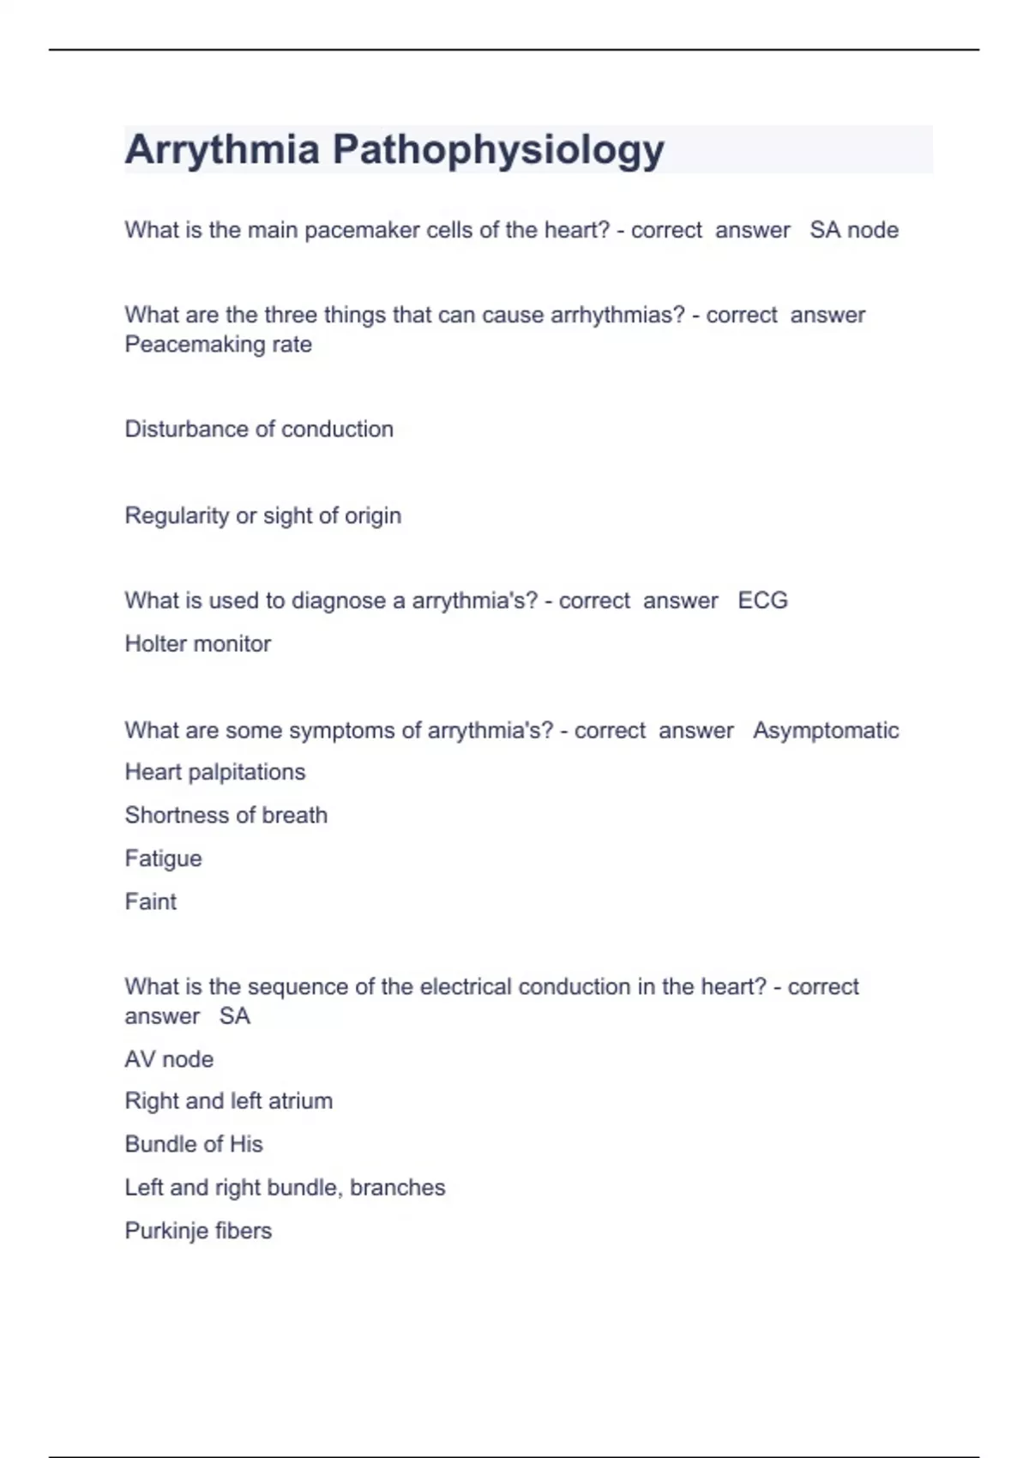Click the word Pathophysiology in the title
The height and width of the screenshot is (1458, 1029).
click(x=498, y=150)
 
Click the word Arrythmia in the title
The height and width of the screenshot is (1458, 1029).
click(x=222, y=150)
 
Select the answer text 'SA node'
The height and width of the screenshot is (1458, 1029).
click(x=854, y=230)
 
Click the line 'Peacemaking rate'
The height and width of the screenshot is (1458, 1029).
click(x=218, y=344)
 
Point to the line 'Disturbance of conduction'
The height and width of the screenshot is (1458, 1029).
click(x=259, y=429)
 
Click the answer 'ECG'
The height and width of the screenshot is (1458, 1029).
click(x=762, y=600)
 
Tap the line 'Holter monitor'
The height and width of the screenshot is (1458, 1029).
click(x=197, y=643)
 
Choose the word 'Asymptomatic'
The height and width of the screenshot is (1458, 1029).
click(x=826, y=730)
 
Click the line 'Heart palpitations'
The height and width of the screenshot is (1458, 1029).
click(x=214, y=772)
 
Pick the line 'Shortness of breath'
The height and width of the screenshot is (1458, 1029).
click(x=226, y=815)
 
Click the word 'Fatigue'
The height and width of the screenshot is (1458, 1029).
click(x=163, y=859)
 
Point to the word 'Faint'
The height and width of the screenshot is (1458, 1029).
click(x=150, y=901)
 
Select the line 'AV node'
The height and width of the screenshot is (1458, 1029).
click(x=169, y=1059)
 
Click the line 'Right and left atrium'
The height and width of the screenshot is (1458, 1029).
click(x=228, y=1100)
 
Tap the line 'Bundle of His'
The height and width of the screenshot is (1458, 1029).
click(x=194, y=1144)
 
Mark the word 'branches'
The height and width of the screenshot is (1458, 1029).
click(x=398, y=1187)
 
